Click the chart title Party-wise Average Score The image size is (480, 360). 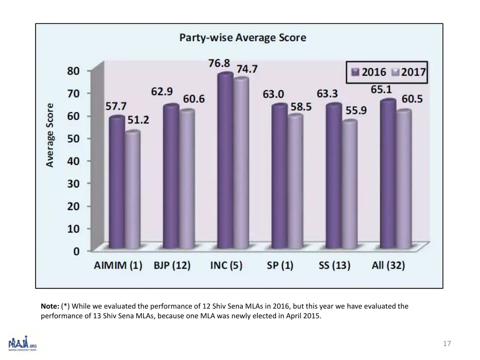tap(242, 38)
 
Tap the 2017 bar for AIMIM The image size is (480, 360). tap(133, 190)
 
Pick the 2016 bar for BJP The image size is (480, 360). tap(171, 176)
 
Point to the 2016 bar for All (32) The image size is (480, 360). tap(388, 173)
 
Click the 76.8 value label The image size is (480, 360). tap(219, 63)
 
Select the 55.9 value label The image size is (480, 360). tap(356, 110)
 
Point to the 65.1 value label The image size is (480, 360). tap(382, 89)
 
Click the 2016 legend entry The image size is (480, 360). tap(368, 73)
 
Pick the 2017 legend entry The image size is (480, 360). tap(407, 73)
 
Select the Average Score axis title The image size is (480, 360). tap(50, 135)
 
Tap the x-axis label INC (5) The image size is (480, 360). tap(226, 265)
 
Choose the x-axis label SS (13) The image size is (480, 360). tap(334, 265)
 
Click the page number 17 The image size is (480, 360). tap(447, 344)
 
